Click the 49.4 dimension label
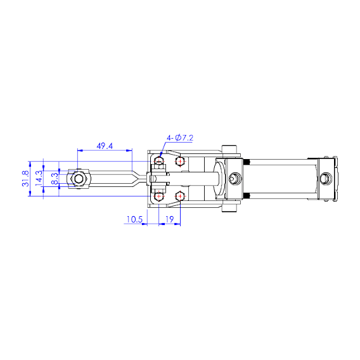coord(105,146)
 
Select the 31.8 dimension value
coord(26,179)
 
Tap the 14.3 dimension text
coord(39,179)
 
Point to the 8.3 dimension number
coord(55,179)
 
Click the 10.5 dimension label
coord(133,219)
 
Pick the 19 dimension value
coord(169,219)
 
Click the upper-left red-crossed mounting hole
coord(158,162)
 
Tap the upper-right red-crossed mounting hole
coord(181,162)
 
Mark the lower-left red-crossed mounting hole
coord(158,196)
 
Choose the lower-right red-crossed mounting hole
coord(181,196)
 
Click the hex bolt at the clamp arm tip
coord(79,179)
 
